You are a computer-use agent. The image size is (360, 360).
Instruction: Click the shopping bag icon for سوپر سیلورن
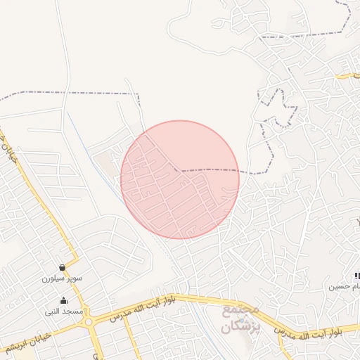pyautogui.click(x=63, y=267)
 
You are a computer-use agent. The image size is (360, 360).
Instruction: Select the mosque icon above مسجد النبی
pyautogui.click(x=64, y=300)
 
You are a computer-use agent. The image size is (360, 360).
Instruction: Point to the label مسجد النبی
pyautogui.click(x=64, y=311)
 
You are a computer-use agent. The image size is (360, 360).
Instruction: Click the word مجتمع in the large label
pyautogui.click(x=241, y=309)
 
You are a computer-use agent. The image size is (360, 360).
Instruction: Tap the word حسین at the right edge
pyautogui.click(x=339, y=287)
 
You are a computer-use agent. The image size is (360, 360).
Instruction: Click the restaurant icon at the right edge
pyautogui.click(x=356, y=276)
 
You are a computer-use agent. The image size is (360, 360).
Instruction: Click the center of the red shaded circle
pyautogui.click(x=180, y=180)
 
